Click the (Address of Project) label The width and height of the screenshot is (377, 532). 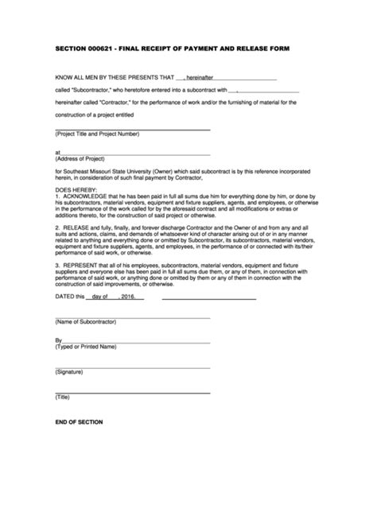pos(82,157)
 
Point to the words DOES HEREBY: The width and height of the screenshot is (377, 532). pos(75,191)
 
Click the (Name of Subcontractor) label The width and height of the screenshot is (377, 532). pos(86,322)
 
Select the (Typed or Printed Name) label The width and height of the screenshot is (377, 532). pos(86,347)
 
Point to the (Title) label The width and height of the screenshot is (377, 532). pos(64,396)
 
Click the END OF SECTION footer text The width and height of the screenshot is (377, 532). pos(79,421)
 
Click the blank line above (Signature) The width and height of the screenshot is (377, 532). pos(133,367)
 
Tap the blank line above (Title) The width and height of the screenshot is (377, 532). pos(133,391)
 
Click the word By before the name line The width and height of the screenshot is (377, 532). pos(58,340)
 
